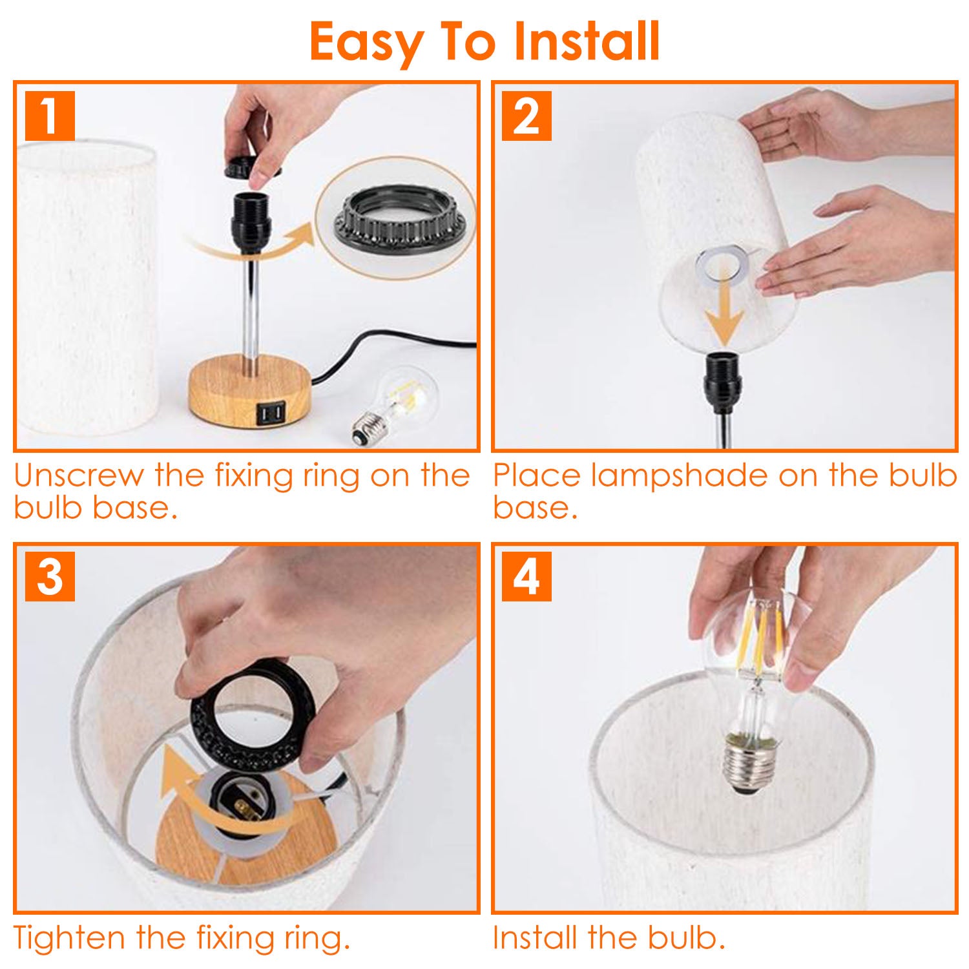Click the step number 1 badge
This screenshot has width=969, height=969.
[50, 116]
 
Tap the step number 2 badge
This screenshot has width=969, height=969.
[526, 116]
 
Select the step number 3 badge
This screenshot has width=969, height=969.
[50, 576]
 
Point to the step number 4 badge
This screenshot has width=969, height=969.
[526, 576]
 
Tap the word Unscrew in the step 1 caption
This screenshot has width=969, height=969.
[78, 476]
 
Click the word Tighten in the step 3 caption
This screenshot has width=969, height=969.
[70, 938]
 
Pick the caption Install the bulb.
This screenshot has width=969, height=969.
[609, 938]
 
